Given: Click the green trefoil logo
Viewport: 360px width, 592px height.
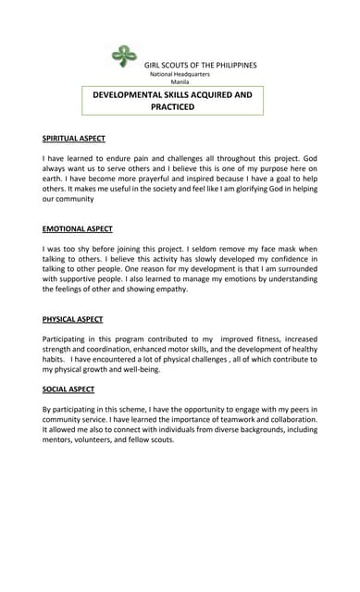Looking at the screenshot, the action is (123, 56).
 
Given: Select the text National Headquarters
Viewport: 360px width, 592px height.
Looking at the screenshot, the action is (180, 74).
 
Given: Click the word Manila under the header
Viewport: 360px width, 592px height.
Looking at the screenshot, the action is (180, 82).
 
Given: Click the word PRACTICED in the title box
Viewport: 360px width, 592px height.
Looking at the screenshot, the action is (172, 107).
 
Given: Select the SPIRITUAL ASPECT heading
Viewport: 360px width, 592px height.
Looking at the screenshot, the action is (74, 139).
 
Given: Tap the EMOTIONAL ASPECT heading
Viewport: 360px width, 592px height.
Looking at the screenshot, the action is (78, 228).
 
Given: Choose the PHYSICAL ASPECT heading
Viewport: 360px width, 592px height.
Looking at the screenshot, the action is (72, 319).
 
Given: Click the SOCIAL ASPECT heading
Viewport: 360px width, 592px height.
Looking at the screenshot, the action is (68, 389).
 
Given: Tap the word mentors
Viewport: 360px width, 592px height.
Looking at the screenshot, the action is (61, 439).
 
